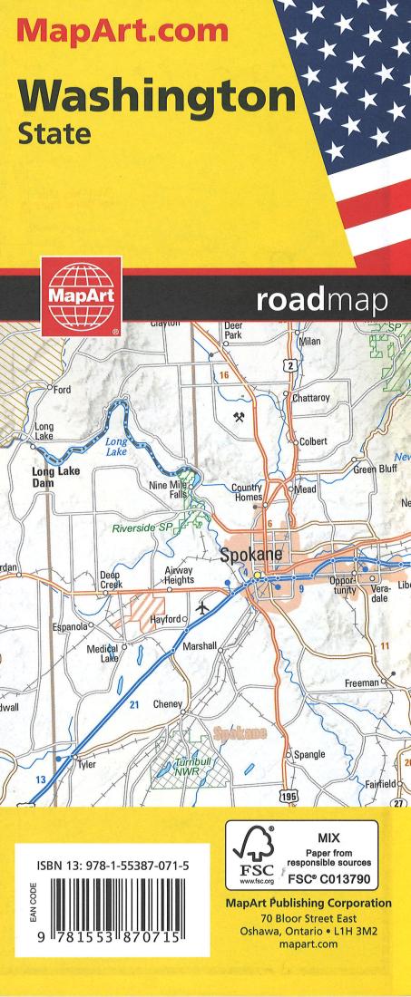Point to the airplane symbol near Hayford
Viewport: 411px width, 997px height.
pos(201,606)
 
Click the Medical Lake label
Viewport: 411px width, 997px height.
pos(103,653)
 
